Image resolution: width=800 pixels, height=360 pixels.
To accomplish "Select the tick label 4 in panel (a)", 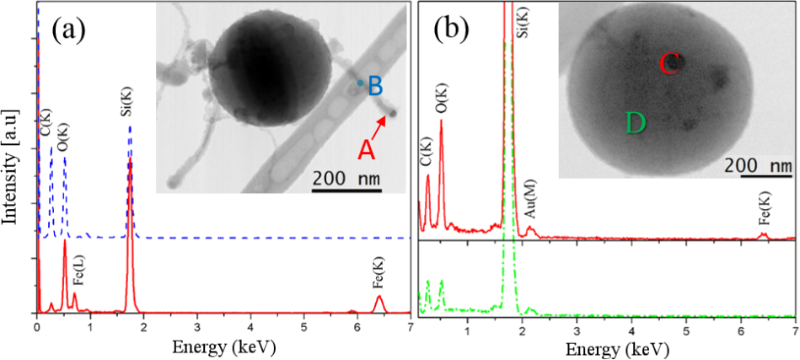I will (x=250, y=326).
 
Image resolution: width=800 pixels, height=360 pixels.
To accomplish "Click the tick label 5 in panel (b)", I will (x=686, y=326).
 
